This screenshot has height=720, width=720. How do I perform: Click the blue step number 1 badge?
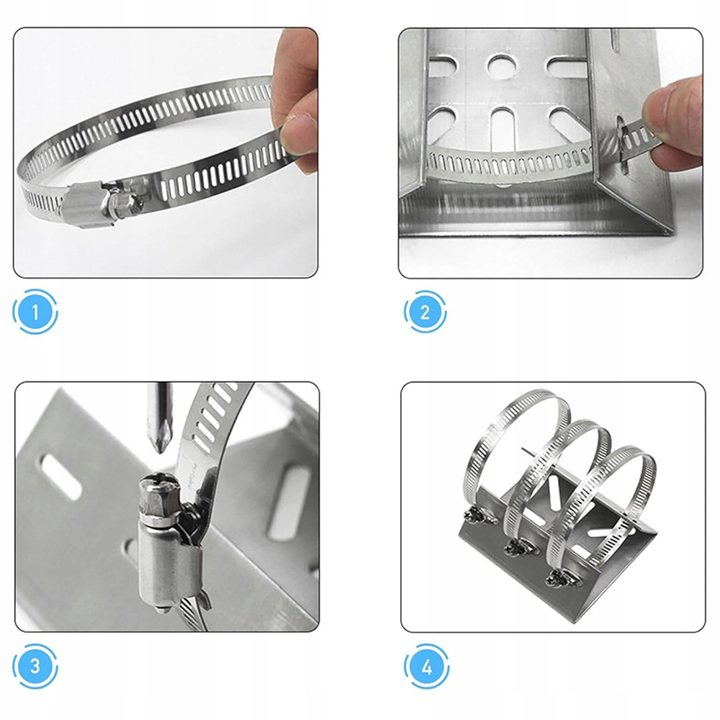[35, 312]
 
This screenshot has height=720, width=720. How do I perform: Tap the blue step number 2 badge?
[426, 312]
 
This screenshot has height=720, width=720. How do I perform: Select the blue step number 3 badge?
[35, 666]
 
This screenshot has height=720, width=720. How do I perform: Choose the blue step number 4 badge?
[426, 666]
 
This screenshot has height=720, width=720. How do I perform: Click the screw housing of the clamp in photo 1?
[87, 206]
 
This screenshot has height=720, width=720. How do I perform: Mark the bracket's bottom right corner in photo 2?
[672, 234]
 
